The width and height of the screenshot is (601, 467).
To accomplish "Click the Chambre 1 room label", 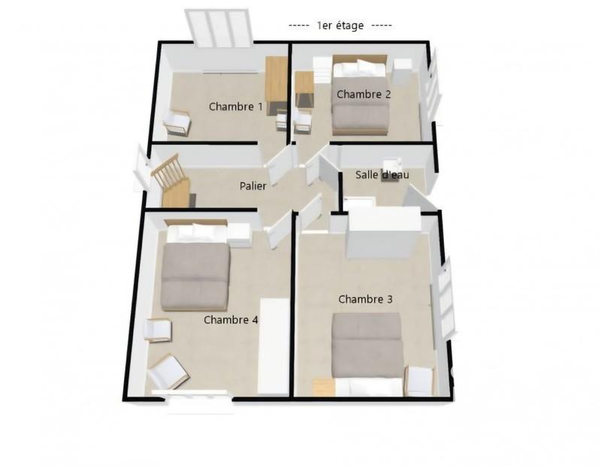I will coord(236,107).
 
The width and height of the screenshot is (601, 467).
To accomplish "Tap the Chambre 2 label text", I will coord(364,95).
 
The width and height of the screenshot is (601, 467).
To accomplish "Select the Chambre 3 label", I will coord(366,300).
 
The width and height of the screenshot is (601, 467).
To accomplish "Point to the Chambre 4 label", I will coord(231,320).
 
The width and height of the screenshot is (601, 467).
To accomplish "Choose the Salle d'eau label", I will coord(382,175).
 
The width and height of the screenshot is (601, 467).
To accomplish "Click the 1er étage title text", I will coord(340,26).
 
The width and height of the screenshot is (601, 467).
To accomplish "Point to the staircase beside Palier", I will coord(170,180).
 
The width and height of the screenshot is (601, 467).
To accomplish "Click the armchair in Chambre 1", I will coord(177,123).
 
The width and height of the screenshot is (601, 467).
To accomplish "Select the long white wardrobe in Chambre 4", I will coord(273,345).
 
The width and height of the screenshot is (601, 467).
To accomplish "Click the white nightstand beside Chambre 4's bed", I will coord(240,235).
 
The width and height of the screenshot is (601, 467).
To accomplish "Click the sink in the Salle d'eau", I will coord(393,167).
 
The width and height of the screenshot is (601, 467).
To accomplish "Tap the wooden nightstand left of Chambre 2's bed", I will coord(304,89).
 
